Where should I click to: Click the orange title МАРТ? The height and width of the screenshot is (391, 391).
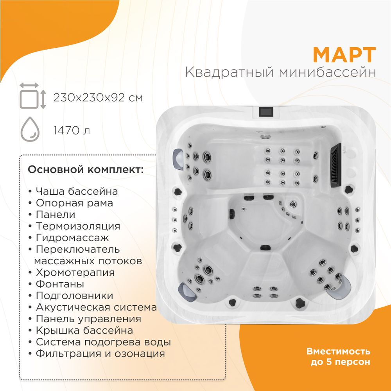(x=344, y=55)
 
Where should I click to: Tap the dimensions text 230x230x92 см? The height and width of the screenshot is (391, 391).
(x=98, y=98)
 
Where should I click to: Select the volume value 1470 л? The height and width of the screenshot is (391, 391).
(x=72, y=131)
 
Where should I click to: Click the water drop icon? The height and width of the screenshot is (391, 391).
(x=30, y=129)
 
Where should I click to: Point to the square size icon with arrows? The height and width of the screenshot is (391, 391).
(x=33, y=96)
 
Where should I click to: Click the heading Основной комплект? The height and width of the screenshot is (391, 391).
(x=86, y=170)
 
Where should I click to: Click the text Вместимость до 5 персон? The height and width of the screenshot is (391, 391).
(x=338, y=357)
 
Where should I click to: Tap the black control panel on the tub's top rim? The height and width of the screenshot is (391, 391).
(x=266, y=112)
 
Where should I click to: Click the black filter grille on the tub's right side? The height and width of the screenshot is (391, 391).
(x=336, y=165)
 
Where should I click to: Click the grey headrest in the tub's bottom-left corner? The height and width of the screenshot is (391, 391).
(x=187, y=292)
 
